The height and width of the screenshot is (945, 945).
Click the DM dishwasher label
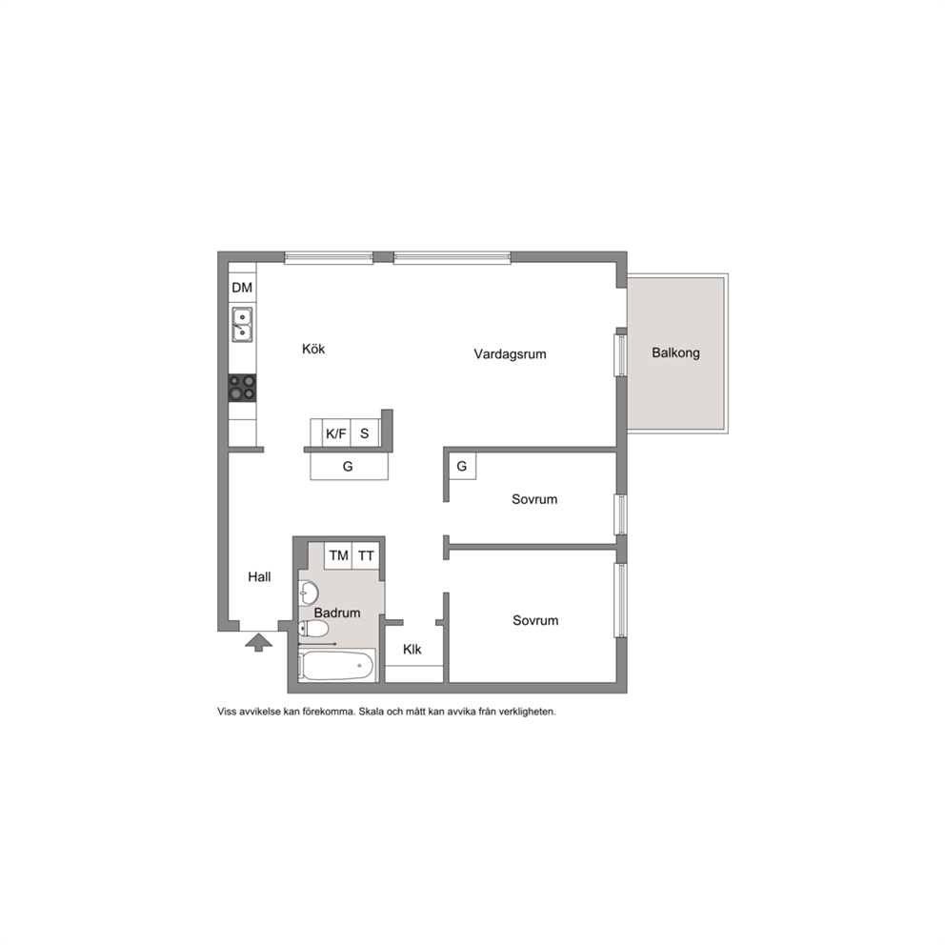242,288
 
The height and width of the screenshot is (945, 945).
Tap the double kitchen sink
242,324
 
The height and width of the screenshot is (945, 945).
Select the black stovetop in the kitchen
242,388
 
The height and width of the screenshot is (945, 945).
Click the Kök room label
313,349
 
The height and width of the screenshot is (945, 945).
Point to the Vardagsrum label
510,354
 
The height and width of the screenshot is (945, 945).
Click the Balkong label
675,353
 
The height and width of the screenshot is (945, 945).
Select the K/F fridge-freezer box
336,433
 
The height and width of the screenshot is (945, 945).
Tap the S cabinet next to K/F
365,433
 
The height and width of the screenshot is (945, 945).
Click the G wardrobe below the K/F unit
349,467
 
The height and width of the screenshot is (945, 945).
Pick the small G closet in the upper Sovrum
462,466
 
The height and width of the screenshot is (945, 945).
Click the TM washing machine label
339,555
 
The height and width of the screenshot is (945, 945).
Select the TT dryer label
366,555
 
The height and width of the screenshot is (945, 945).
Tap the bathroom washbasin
308,593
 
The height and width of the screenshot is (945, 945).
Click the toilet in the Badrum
313,629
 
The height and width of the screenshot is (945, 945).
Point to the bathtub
337,665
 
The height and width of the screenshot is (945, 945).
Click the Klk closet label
412,649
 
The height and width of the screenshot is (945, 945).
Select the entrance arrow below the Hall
258,642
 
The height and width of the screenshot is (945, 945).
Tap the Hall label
259,576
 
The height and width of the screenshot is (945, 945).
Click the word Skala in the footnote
372,712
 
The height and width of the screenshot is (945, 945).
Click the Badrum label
337,613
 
